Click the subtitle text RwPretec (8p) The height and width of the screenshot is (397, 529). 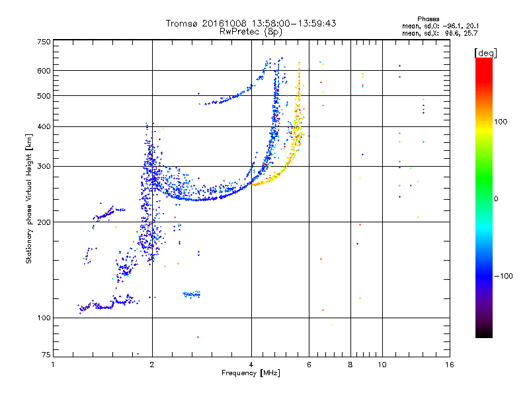click(x=251, y=32)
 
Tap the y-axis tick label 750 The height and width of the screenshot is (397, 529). click(x=44, y=42)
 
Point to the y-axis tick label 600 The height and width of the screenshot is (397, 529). click(x=44, y=71)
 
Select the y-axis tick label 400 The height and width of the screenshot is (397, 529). click(x=44, y=126)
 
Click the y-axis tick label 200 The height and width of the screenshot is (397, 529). click(x=44, y=222)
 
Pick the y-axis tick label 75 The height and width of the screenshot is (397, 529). click(x=46, y=355)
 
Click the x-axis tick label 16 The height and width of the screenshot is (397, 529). click(x=450, y=365)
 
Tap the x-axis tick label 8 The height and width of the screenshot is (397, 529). click(x=350, y=365)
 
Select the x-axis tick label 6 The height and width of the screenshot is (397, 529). click(x=309, y=365)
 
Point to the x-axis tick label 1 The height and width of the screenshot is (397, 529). click(x=53, y=365)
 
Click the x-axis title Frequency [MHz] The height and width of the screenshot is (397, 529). click(x=251, y=373)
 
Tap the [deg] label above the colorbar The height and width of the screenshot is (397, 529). click(x=485, y=53)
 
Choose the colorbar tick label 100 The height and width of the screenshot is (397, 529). click(x=501, y=122)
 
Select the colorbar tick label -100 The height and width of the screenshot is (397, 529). click(x=504, y=276)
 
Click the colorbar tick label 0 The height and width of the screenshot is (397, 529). click(x=496, y=199)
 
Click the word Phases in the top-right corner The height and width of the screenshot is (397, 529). click(x=428, y=19)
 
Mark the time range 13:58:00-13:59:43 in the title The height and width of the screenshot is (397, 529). click(x=294, y=23)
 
